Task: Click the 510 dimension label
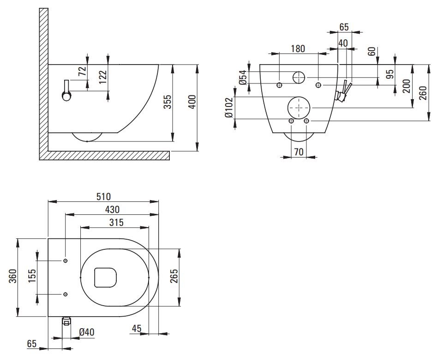point(104,197)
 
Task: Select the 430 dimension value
point(113,209)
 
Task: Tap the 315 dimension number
point(116,223)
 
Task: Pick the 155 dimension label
point(32,277)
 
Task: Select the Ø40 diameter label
point(87,332)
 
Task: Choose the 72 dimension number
point(82,71)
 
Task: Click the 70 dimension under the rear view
point(299,151)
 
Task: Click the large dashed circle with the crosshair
point(299,107)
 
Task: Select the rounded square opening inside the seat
point(105,277)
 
